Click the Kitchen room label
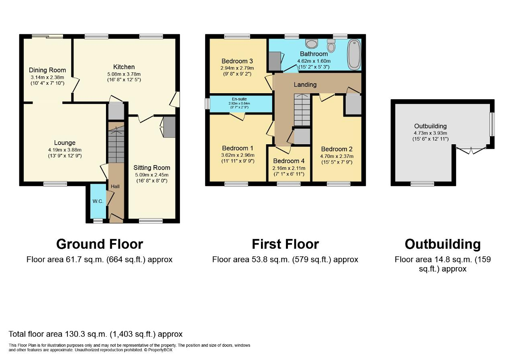(x=124, y=67)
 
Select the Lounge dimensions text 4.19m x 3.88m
(x=65, y=149)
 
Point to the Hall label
(x=116, y=186)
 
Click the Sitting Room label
(x=152, y=168)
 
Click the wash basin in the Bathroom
(x=312, y=43)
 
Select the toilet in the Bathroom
(x=331, y=47)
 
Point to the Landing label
(x=305, y=84)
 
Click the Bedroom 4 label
(x=289, y=162)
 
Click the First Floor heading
(x=285, y=244)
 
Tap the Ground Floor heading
(x=100, y=244)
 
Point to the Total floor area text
(x=96, y=334)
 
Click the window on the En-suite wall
(x=207, y=104)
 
